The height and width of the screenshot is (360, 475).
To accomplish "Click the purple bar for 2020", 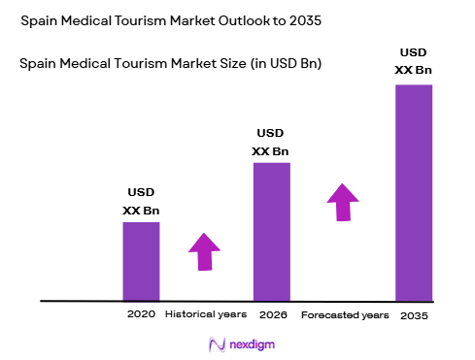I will (x=141, y=260).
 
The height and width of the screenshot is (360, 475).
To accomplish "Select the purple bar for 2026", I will (x=272, y=231).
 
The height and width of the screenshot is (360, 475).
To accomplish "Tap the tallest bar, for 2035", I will (x=413, y=192).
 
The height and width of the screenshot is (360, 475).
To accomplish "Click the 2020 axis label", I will (x=141, y=315).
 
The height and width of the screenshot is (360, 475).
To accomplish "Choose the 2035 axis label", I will (x=412, y=315).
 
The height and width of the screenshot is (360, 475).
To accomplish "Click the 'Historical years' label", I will (x=205, y=315).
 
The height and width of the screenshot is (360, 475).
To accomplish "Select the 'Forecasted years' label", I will (x=346, y=315).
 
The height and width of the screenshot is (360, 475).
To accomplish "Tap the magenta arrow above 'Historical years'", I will (x=204, y=251).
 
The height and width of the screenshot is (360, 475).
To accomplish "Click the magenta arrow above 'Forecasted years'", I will (x=342, y=202).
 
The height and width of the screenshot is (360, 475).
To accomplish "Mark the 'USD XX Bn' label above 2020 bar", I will (x=141, y=202).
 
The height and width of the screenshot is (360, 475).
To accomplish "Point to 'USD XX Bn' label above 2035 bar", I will (x=412, y=60).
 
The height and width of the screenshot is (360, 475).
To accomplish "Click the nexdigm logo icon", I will (x=216, y=344).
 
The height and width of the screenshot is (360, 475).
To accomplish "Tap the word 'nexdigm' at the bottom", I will (x=247, y=344).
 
